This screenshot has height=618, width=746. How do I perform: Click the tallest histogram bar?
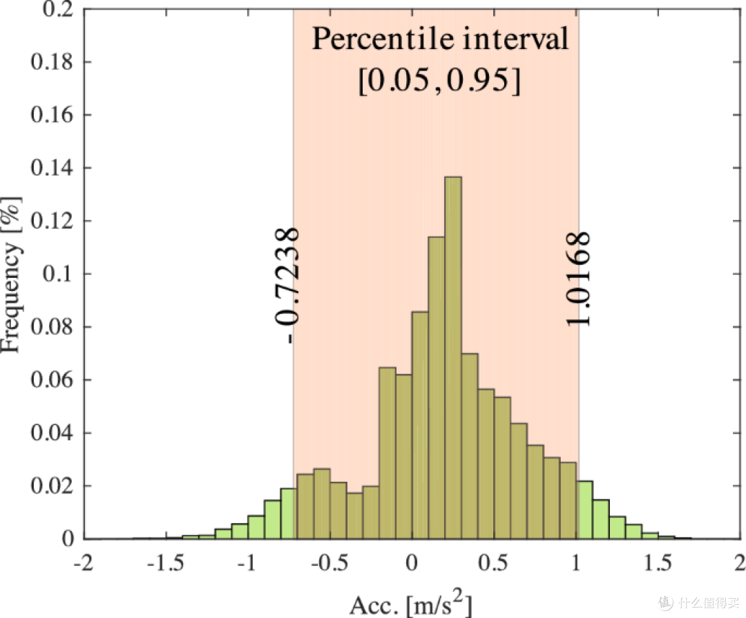pos(453,357)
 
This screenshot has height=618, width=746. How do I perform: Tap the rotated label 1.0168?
pos(578,279)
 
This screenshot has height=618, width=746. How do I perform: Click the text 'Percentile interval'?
pos(440,39)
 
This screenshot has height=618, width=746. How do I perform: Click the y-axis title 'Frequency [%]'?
pos(12,274)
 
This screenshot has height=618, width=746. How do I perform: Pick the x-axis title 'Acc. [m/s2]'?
pos(411,603)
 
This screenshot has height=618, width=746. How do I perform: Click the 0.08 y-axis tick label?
pos(52,327)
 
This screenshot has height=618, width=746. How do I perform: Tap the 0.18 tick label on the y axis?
pos(52,62)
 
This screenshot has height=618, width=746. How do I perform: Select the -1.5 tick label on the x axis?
pos(166,563)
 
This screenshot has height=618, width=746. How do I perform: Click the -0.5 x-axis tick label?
pos(329,563)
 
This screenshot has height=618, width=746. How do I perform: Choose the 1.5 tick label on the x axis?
pos(658,563)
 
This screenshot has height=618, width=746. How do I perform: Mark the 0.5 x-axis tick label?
pos(494,563)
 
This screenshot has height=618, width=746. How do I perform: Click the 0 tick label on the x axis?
pos(412,563)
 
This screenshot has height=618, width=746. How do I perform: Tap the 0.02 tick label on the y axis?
pos(52,486)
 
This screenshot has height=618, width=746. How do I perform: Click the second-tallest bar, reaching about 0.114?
pos(437,388)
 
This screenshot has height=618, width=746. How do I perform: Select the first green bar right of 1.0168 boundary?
pos(585,509)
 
